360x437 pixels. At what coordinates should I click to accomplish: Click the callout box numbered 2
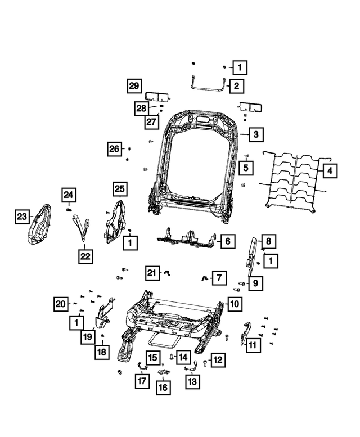click(236, 86)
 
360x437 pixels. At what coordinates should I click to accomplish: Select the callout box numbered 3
click(255, 135)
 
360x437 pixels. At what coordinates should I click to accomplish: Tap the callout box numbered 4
click(330, 170)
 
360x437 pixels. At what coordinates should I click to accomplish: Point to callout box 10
click(235, 305)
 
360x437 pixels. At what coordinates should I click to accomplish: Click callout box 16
click(163, 387)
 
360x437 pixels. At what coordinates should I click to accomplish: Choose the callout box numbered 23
click(21, 217)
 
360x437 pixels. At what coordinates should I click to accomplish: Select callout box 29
click(133, 86)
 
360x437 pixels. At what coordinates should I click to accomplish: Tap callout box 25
click(120, 189)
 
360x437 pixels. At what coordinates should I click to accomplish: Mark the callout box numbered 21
click(151, 273)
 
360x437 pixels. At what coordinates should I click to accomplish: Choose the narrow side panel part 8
click(253, 253)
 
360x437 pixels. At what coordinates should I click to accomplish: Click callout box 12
click(217, 359)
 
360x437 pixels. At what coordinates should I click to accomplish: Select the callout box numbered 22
click(84, 256)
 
